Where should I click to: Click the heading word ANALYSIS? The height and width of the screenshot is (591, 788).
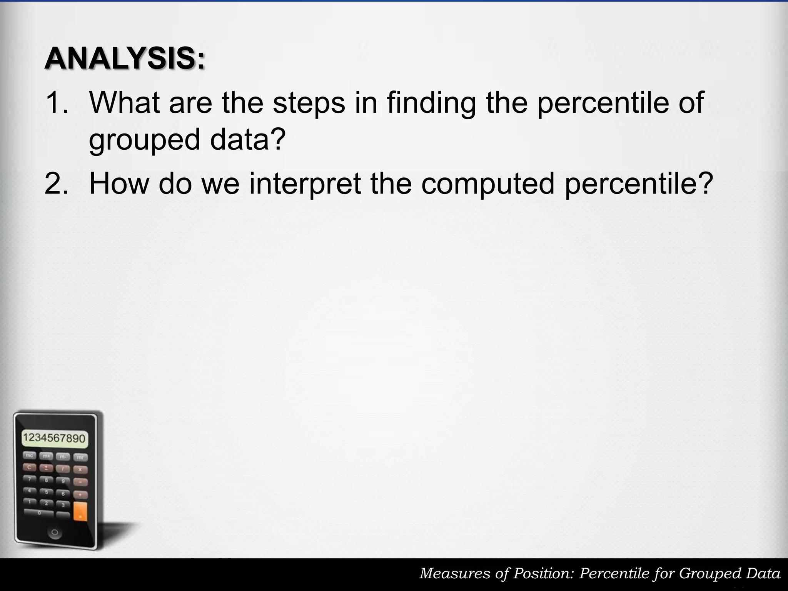(125, 58)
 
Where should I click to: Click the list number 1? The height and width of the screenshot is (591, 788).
(57, 102)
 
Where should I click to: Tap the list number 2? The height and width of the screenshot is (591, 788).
(57, 184)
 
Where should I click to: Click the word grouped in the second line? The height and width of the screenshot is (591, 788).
(144, 140)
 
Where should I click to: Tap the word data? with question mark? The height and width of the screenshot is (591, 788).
(248, 139)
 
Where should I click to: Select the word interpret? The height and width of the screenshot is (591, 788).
(305, 184)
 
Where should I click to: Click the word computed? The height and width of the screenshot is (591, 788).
(488, 184)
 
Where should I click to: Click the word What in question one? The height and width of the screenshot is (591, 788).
(124, 102)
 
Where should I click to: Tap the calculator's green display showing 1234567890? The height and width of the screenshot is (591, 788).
(54, 438)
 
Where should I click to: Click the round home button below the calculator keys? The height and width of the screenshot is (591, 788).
(54, 533)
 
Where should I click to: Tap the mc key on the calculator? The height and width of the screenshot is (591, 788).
(30, 456)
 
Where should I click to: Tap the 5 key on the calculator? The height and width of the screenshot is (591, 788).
(47, 492)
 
